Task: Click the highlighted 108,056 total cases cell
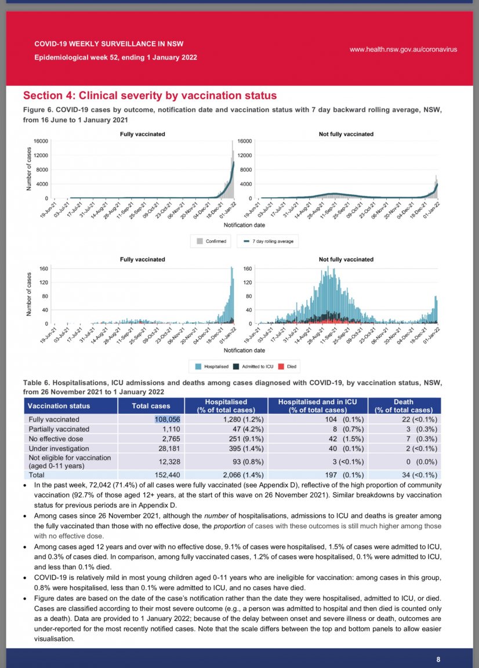point(183,419)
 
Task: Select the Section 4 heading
point(150,96)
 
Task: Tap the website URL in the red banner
point(403,49)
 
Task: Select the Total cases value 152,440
point(183,474)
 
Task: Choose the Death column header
point(404,405)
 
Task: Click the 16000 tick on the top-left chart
point(41,141)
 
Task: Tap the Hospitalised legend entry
point(212,366)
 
